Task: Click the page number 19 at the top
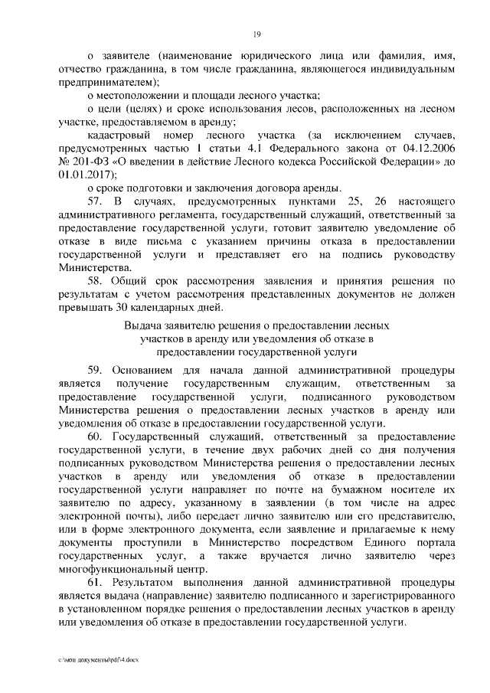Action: coord(257,33)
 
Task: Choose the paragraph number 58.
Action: coord(96,281)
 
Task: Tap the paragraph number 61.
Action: coord(96,581)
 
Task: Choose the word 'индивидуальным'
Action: coord(414,70)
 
